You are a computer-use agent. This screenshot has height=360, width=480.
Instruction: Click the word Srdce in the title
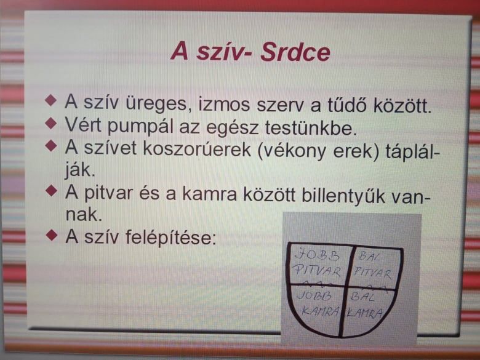(x=295, y=52)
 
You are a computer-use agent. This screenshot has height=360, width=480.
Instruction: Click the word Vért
(x=82, y=124)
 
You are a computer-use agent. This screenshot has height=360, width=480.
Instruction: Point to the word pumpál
(x=140, y=127)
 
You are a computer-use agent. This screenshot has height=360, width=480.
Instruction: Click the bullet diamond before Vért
(x=51, y=123)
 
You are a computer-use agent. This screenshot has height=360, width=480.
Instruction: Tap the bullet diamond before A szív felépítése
(x=52, y=235)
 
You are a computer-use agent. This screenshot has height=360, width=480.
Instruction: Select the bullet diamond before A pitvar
(x=51, y=191)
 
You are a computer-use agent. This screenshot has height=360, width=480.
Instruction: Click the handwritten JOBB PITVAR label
(x=317, y=263)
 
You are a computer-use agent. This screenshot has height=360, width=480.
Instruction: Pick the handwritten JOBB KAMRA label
(x=318, y=303)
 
